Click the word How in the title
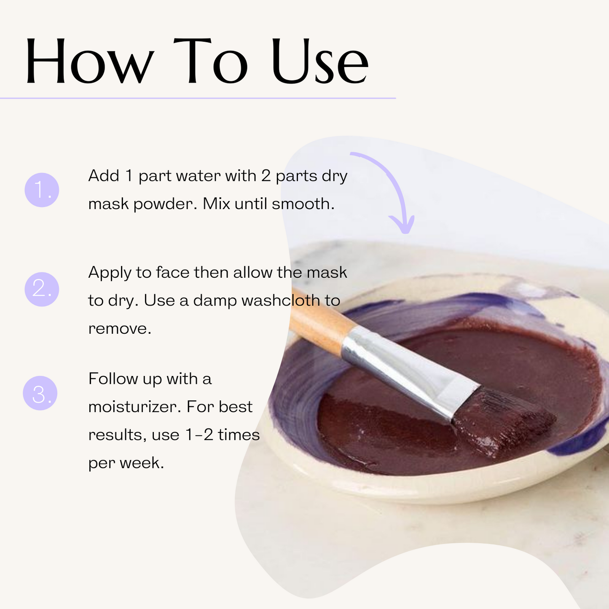[89, 61]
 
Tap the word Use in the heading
[320, 61]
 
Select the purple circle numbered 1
[42, 190]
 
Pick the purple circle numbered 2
[42, 289]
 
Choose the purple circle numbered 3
[40, 393]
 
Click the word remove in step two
[119, 329]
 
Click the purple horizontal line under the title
[198, 98]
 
